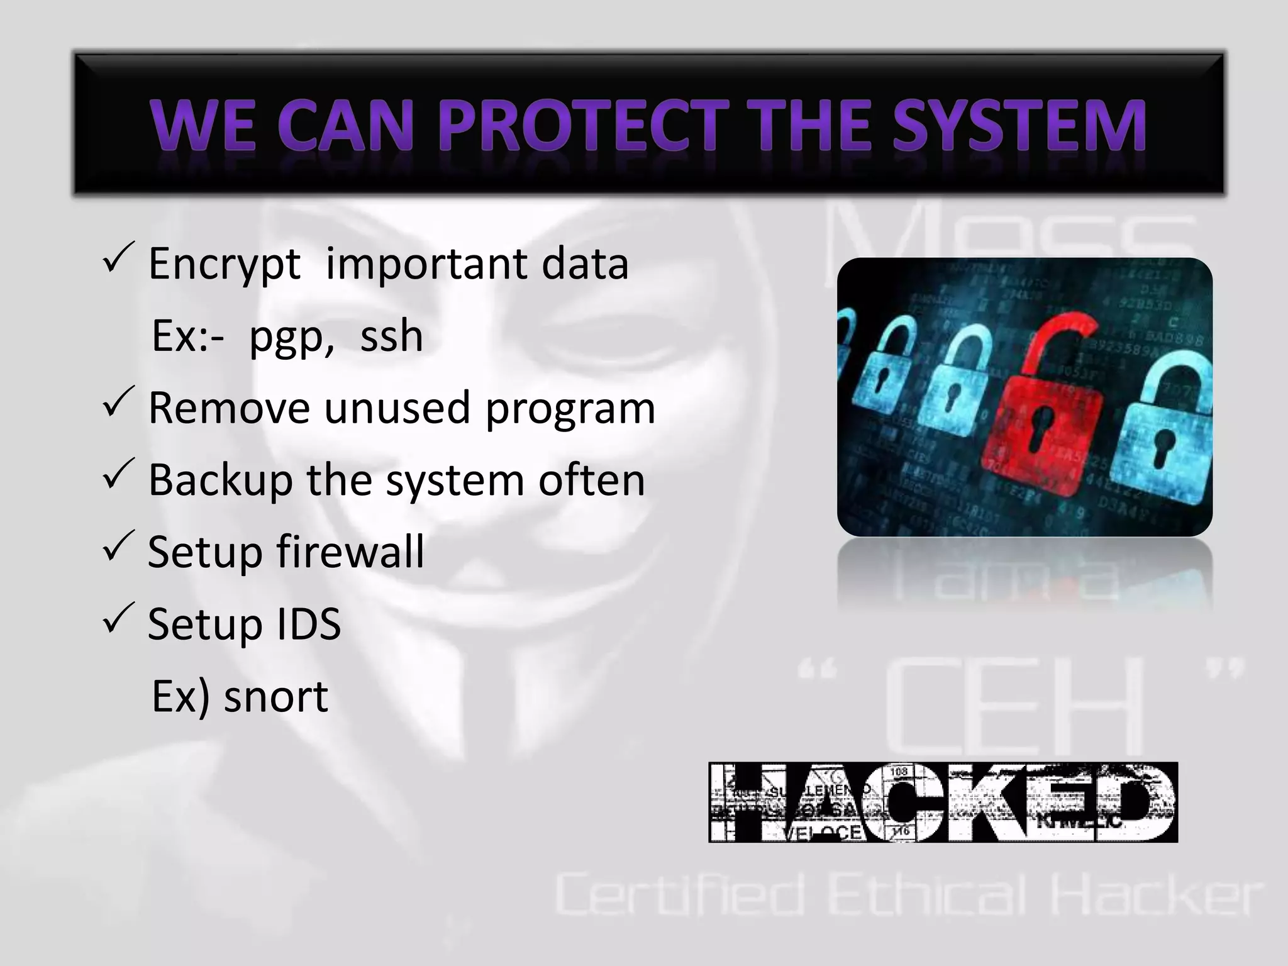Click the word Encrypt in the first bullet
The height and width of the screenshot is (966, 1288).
tap(223, 264)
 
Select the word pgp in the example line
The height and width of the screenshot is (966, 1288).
tap(291, 337)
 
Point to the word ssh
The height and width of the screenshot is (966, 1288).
tap(391, 336)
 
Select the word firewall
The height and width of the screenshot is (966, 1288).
tap(350, 552)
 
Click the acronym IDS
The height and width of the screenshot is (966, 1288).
tap(300, 624)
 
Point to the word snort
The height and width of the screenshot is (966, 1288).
tap(275, 696)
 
